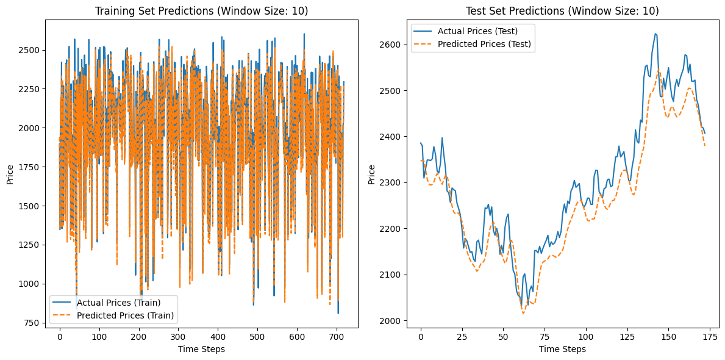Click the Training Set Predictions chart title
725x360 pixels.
(201, 10)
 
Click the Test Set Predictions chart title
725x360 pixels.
(562, 10)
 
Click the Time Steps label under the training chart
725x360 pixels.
(201, 349)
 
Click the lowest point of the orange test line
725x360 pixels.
(523, 314)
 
